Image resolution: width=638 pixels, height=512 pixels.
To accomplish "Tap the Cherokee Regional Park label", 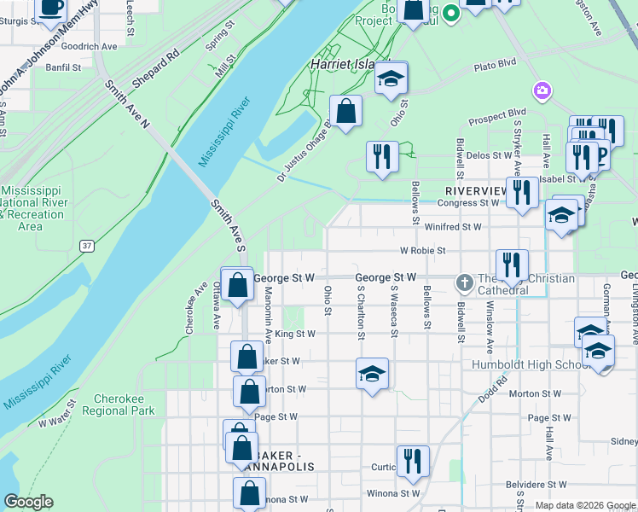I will pos(119,404).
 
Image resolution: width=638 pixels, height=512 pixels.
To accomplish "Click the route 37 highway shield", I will pos(86,246).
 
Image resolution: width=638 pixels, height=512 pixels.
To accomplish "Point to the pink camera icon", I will pos(541,90).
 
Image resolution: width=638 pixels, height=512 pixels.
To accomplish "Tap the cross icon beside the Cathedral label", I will pos(465,281).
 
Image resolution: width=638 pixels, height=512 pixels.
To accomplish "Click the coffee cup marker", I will pos(51,8).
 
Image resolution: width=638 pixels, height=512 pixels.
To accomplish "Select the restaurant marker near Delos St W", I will pos(381,157).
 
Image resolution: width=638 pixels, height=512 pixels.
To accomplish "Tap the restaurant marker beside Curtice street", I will pos(413,461).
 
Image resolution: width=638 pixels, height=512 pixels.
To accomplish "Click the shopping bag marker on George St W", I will pos(238,286).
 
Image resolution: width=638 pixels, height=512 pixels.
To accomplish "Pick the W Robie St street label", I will pos(423,251).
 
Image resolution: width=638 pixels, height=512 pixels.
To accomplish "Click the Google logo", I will pos(28,502).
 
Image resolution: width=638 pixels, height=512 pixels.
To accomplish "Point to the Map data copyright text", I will pos(584,505).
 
